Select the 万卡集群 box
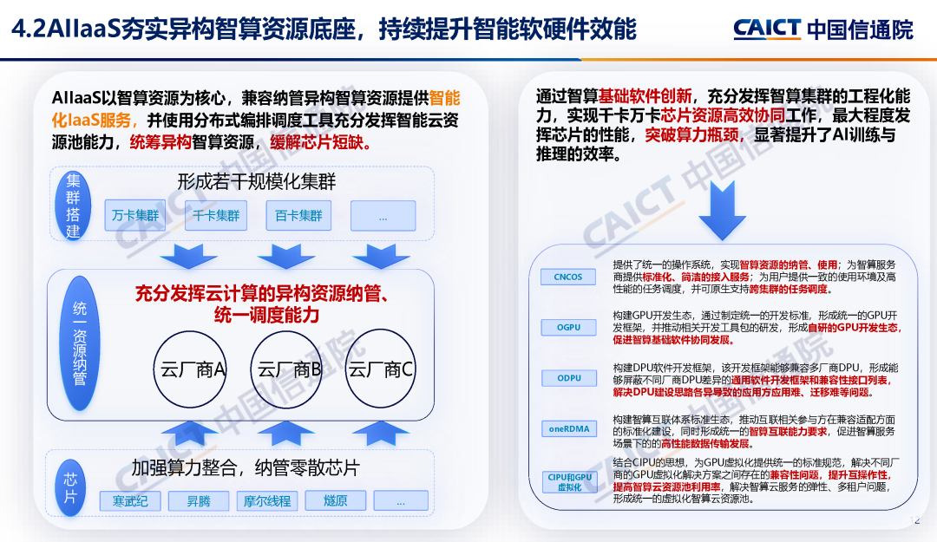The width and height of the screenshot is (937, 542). click(135, 215)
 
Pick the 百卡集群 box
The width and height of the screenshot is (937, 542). click(299, 215)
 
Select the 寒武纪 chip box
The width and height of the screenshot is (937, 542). click(130, 501)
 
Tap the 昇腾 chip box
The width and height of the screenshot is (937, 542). click(199, 501)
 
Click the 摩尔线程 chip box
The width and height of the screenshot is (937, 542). click(267, 501)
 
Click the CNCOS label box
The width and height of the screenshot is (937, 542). click(568, 278)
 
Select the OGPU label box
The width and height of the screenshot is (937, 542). click(568, 328)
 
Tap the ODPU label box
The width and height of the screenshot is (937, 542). click(568, 378)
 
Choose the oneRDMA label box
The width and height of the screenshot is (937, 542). click(568, 428)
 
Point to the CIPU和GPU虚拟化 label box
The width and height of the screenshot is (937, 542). click(568, 482)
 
